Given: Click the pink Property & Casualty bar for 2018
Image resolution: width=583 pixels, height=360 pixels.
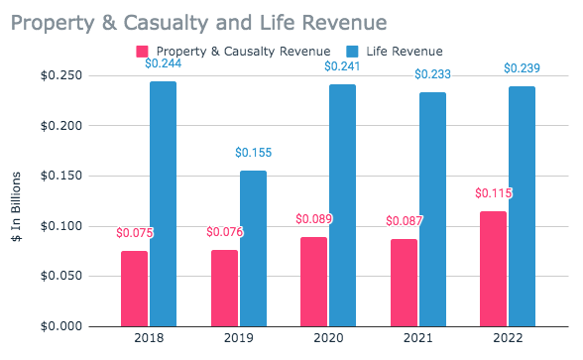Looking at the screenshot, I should point(134,289).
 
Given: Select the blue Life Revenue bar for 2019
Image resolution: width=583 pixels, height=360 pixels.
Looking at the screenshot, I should point(253,248).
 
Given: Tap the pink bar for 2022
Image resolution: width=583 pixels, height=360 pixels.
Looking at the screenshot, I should point(493,269).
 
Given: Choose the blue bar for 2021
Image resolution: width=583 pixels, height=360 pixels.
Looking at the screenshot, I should point(432,209).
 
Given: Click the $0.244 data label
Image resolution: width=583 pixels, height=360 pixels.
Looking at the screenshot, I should point(163,63).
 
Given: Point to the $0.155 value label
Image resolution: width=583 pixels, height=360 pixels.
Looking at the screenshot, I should point(253,153).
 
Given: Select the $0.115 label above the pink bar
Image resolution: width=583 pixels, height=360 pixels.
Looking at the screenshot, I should point(493,193).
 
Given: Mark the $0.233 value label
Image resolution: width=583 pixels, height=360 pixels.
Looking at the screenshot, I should point(432,74).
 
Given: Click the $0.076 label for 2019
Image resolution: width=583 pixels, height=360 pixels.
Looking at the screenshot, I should point(224,232).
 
